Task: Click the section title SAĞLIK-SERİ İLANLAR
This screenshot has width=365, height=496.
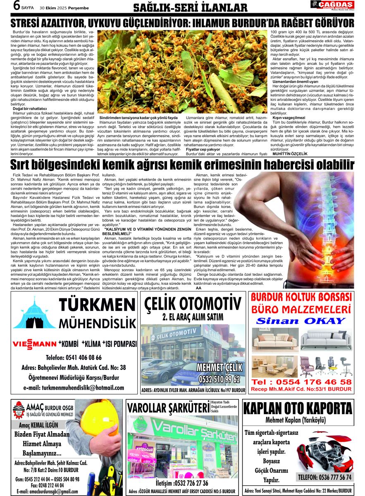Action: tap(191, 8)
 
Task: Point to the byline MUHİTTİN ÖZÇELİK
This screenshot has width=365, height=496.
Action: tap(290, 154)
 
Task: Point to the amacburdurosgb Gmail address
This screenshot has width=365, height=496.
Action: tap(48, 491)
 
